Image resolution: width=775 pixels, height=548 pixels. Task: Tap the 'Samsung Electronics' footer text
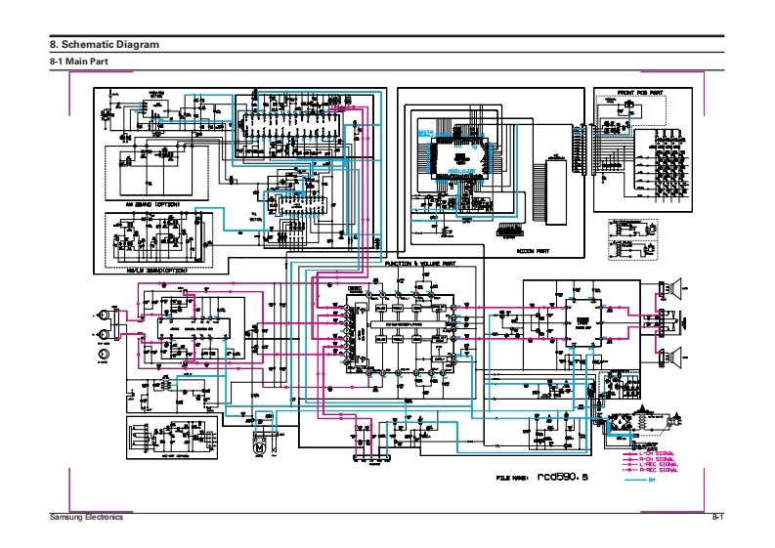[x=87, y=517]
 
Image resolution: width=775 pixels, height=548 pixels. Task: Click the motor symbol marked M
[x=260, y=443]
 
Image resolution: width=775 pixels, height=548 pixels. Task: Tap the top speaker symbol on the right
[x=673, y=288]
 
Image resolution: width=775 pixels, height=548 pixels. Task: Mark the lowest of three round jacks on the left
[x=102, y=357]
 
